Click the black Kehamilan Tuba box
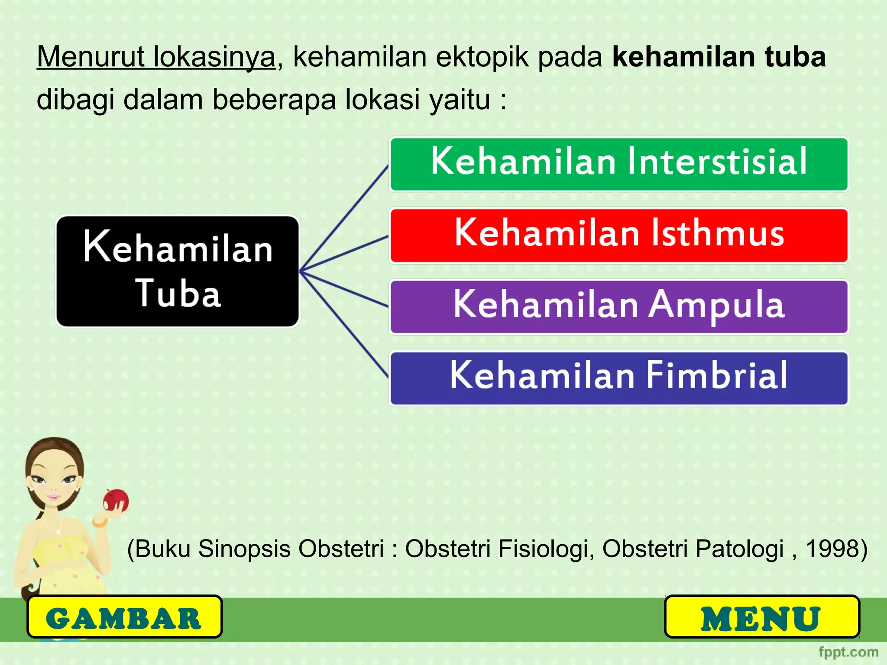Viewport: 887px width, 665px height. point(178,271)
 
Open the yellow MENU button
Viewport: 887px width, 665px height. point(761,617)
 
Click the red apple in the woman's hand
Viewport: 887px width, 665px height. point(115,500)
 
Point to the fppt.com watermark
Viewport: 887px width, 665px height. point(848,652)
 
